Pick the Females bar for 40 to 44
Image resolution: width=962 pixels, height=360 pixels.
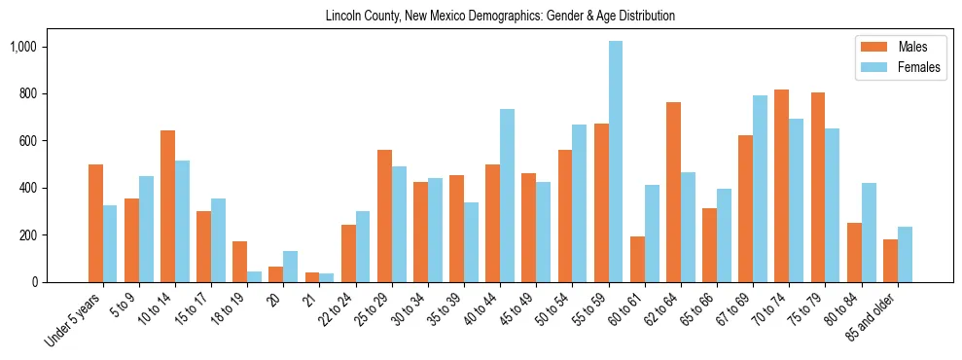tap(508, 196)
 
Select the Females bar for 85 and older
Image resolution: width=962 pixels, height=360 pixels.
tap(905, 254)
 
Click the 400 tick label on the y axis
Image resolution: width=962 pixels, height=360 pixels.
tap(26, 188)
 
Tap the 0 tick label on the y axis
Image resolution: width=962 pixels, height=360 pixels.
tap(33, 282)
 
